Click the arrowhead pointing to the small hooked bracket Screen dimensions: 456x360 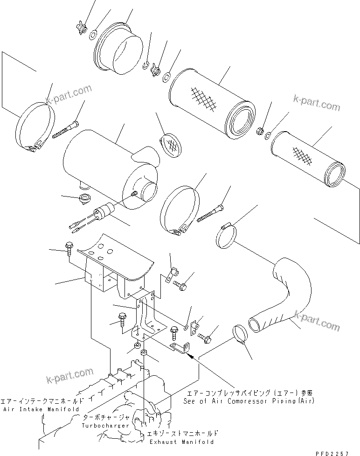(188, 355)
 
